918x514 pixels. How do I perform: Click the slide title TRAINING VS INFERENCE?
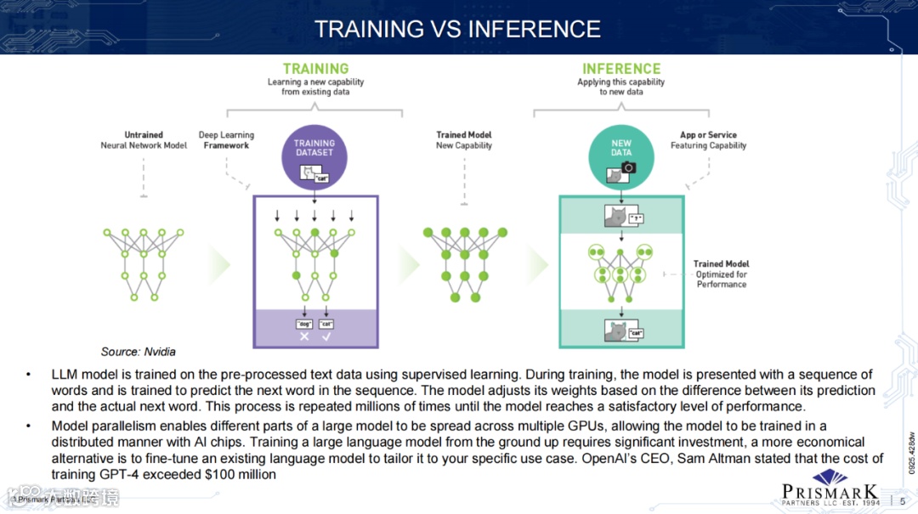[x=457, y=29]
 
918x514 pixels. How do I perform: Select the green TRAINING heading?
[x=315, y=69]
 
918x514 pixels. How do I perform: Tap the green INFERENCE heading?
[x=620, y=69]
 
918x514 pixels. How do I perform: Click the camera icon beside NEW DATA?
[x=628, y=168]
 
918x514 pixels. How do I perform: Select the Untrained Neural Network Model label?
[x=144, y=140]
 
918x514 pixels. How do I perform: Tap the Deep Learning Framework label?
[x=226, y=140]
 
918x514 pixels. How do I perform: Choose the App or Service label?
[x=708, y=140]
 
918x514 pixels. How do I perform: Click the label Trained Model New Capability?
[x=464, y=140]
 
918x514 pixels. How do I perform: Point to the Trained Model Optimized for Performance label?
[x=721, y=274]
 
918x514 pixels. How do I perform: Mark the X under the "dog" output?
[x=304, y=336]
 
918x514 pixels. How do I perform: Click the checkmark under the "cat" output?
[x=326, y=336]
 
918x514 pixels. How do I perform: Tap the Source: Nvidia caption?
[x=139, y=352]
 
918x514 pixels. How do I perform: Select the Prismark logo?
[x=830, y=492]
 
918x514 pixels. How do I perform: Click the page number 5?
[x=903, y=500]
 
